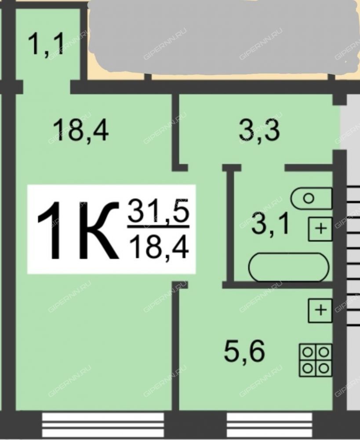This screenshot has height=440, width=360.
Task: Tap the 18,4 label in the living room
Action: [x=80, y=130]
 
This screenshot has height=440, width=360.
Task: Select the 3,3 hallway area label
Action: [x=259, y=130]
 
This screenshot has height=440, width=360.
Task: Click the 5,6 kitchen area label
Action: [x=244, y=351]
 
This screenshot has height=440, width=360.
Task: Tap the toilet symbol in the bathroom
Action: [x=312, y=198]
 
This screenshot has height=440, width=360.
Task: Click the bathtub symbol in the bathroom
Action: [x=289, y=267]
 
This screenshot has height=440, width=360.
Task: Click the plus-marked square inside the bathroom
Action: [x=320, y=229]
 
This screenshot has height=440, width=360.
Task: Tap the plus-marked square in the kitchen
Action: [x=320, y=310]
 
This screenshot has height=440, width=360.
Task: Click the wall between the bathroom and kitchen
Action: [x=277, y=285]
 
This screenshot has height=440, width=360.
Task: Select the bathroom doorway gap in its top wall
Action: [x=263, y=168]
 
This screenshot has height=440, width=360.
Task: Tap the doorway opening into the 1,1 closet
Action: [x=47, y=87]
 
